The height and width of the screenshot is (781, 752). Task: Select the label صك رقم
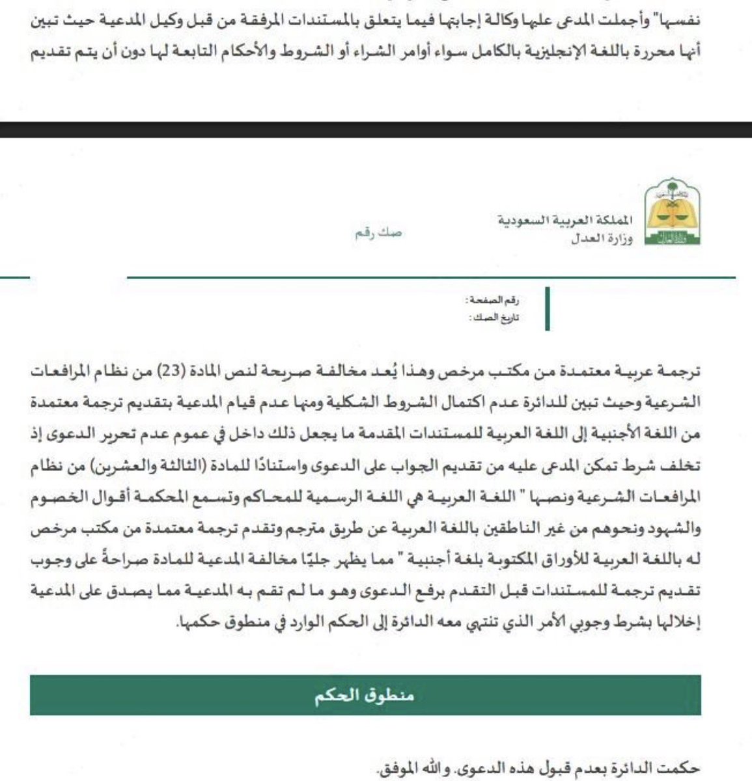coord(378,232)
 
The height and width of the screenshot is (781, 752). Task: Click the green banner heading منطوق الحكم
coord(365,696)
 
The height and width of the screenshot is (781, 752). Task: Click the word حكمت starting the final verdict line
coord(681,769)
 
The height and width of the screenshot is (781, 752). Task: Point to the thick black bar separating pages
coord(376,130)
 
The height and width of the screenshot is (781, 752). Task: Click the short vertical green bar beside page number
coord(547,308)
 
